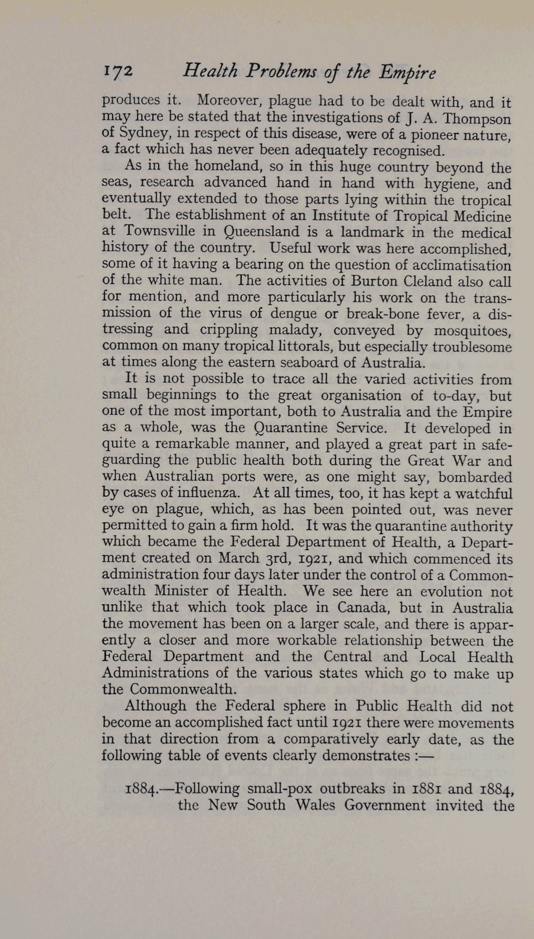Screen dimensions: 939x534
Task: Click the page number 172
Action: tap(117, 71)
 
